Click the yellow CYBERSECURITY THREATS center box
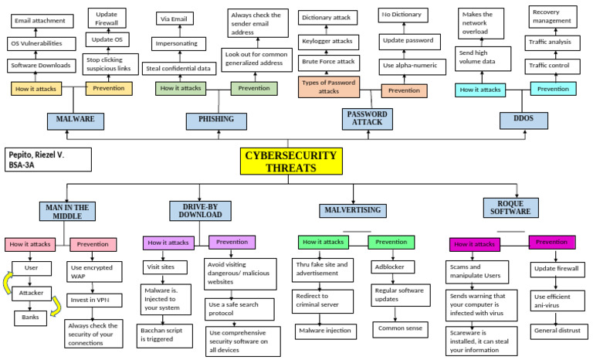(290, 161)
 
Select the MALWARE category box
(74, 120)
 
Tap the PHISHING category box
(215, 121)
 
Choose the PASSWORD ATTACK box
(366, 118)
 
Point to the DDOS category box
(534, 120)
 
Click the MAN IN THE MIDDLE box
(66, 211)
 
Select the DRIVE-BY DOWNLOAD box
(200, 210)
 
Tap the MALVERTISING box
(352, 210)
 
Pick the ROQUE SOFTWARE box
(510, 207)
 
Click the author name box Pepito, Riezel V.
(46, 160)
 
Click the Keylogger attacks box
(327, 40)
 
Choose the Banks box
(30, 317)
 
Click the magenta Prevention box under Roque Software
(551, 242)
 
